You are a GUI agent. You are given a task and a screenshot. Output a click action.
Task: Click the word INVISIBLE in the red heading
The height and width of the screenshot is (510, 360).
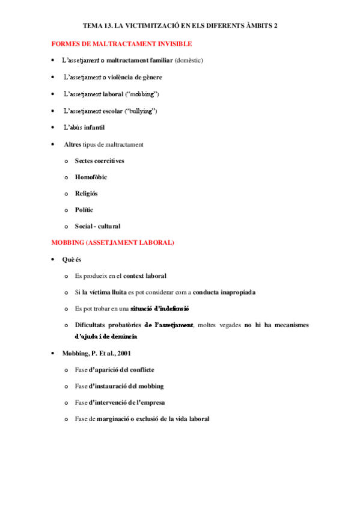pos(174,44)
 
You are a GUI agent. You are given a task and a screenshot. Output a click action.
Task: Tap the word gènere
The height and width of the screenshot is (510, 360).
pos(150,78)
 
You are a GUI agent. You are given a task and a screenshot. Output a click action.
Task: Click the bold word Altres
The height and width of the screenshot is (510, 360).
pos(72,145)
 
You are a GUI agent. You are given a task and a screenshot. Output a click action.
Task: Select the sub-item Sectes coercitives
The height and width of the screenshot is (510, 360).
pos(99,161)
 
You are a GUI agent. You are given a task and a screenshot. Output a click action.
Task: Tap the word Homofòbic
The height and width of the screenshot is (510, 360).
pos(91,177)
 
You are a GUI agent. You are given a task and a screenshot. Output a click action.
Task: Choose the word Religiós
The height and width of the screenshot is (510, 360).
pos(86,194)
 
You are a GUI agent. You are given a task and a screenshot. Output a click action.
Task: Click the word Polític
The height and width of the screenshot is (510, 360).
pos(84,210)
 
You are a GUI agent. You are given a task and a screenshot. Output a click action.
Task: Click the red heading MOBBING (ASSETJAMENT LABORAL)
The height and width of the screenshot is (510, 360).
pos(113,242)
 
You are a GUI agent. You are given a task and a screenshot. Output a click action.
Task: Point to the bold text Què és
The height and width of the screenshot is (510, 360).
pos(72,259)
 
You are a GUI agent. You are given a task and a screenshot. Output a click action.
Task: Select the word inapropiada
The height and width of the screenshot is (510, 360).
pos(234,292)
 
